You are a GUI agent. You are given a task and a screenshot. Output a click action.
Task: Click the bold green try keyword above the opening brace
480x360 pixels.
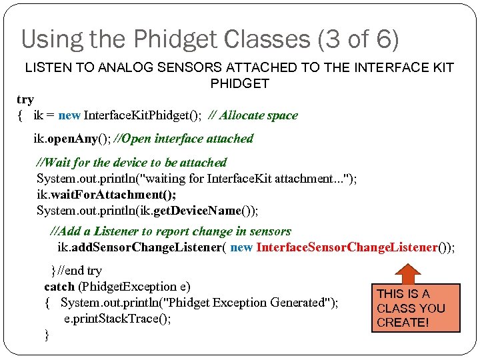25,99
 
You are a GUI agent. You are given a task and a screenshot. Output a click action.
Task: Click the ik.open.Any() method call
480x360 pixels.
71,139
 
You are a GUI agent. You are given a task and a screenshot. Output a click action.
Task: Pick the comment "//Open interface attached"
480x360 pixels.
184,139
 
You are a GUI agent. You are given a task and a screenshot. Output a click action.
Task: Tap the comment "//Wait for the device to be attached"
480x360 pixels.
131,162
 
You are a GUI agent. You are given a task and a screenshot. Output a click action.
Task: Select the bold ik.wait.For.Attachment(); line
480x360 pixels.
106,194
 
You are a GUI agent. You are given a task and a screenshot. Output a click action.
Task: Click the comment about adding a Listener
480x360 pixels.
171,231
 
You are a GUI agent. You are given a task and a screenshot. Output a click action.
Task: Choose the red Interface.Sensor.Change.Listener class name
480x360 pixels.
347,247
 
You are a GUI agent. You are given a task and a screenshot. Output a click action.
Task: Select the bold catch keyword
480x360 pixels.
59,287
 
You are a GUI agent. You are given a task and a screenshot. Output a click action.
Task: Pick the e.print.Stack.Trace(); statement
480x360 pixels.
117,319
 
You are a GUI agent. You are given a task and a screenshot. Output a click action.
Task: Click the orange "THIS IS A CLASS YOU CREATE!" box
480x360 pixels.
416,308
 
